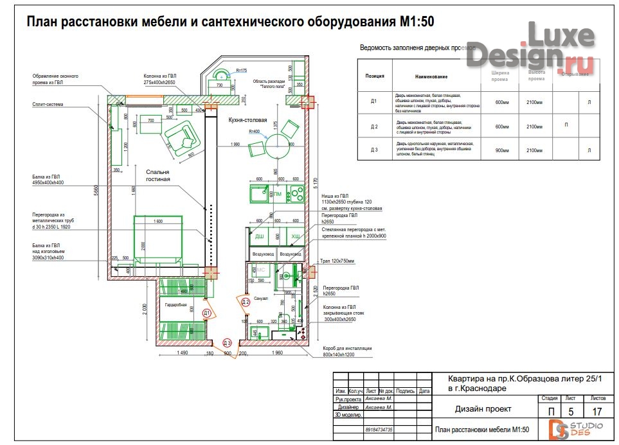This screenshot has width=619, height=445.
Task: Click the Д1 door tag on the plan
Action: pyautogui.click(x=206, y=313)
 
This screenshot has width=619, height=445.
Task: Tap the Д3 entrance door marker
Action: pyautogui.click(x=227, y=344)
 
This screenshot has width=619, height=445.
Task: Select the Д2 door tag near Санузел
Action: pyautogui.click(x=245, y=302)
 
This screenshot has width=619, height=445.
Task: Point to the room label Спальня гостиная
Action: pyautogui.click(x=157, y=175)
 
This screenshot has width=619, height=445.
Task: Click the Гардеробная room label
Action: pyautogui.click(x=175, y=304)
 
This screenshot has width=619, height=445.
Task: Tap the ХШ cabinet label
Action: pyautogui.click(x=296, y=237)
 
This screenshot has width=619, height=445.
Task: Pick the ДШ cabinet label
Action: pyautogui.click(x=260, y=237)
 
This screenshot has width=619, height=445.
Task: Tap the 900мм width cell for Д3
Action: pyautogui.click(x=501, y=150)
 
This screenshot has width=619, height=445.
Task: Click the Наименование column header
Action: pyautogui.click(x=431, y=77)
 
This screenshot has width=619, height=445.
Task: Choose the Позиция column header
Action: pyautogui.click(x=375, y=76)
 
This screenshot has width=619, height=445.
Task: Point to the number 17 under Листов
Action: pyautogui.click(x=597, y=411)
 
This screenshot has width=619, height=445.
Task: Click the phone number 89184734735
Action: pyautogui.click(x=379, y=430)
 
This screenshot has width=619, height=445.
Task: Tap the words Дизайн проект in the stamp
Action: pyautogui.click(x=483, y=408)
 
